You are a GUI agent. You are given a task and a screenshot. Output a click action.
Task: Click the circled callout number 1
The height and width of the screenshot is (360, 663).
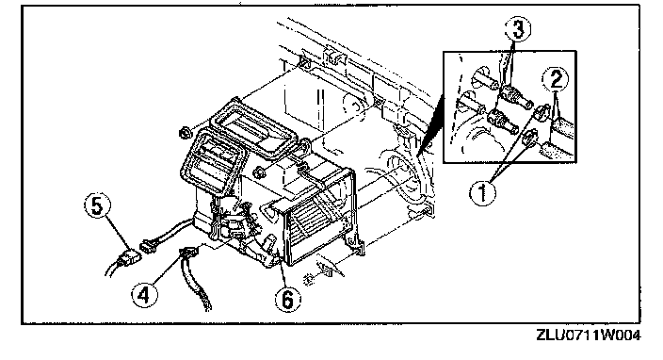pyautogui.click(x=482, y=193)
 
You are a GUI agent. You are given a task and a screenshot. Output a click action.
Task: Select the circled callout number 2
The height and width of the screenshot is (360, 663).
pyautogui.click(x=556, y=78)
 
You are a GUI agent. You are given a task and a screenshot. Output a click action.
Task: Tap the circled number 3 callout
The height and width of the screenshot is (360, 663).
pyautogui.click(x=518, y=29)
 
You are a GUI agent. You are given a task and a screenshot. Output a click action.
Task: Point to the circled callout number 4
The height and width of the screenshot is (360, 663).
pyautogui.click(x=144, y=294)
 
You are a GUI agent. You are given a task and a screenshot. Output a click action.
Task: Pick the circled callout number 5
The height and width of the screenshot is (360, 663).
pyautogui.click(x=98, y=206)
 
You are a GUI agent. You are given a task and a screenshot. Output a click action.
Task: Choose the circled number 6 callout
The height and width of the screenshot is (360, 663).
pyautogui.click(x=287, y=300)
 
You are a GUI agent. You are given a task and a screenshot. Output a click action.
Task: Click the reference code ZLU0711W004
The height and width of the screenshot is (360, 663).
pyautogui.click(x=589, y=335)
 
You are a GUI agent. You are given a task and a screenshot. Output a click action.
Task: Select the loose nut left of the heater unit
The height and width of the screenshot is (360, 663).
pyautogui.click(x=185, y=133)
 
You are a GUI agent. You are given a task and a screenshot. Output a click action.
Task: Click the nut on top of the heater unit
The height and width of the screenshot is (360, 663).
pyautogui.click(x=259, y=172)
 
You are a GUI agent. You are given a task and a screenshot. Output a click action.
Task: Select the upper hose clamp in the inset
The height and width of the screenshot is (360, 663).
pyautogui.click(x=542, y=111)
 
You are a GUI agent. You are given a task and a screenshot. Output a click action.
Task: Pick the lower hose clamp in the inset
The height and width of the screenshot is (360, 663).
pyautogui.click(x=529, y=139)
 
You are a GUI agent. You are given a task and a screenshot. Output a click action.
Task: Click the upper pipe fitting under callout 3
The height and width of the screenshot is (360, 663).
pyautogui.click(x=515, y=96)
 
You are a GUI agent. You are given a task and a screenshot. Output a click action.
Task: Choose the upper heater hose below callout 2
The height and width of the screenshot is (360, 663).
pyautogui.click(x=562, y=125)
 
